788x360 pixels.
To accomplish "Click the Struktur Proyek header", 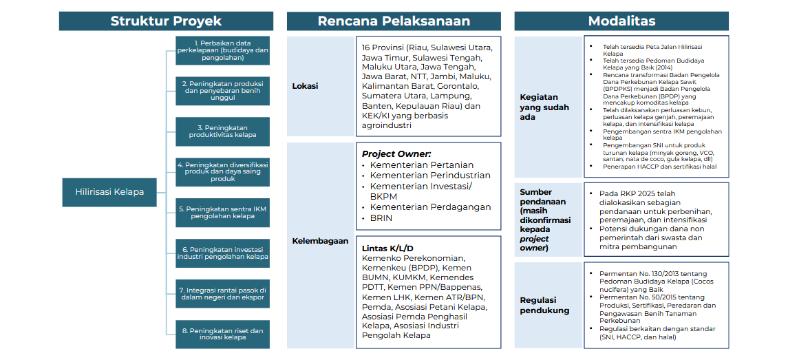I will tap(166, 21).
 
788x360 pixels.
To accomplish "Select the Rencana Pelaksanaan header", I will tap(394, 21).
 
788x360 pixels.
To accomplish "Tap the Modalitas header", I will tap(621, 21).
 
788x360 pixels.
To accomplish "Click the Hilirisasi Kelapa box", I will tap(109, 192).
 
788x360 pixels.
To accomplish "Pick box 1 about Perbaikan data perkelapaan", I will tap(222, 51).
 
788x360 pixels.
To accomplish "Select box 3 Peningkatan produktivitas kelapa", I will tap(222, 131).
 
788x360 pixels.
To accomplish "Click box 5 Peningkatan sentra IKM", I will tap(222, 213).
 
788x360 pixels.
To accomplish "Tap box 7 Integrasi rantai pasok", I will tap(222, 294).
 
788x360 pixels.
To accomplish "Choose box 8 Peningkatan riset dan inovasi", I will tap(222, 335).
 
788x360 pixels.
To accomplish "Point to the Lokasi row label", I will tap(305, 87).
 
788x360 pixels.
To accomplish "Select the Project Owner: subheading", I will tap(396, 153).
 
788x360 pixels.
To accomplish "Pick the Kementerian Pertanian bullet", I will tap(421, 165).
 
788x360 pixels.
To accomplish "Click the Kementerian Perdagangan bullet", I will tap(430, 207).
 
